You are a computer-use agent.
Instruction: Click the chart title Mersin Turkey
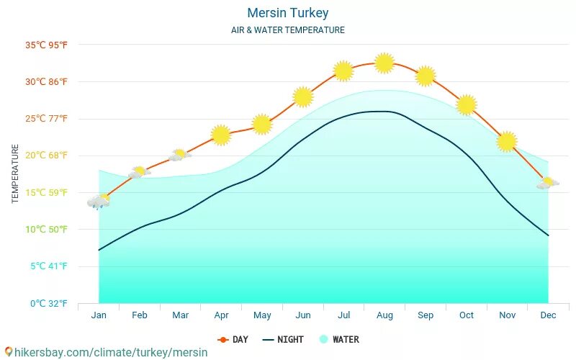click(x=287, y=13)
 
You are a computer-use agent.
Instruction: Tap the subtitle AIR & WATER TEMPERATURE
click(x=287, y=30)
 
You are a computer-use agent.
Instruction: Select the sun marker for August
click(x=384, y=63)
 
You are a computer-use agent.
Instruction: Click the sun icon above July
click(x=343, y=71)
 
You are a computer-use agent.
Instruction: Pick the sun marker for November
click(x=507, y=141)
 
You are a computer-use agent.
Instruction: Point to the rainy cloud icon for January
click(x=99, y=202)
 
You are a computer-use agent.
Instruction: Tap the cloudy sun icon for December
click(x=547, y=183)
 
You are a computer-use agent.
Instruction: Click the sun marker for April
click(x=221, y=135)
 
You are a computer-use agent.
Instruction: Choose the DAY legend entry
click(x=233, y=339)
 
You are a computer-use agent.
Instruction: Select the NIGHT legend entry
click(x=283, y=339)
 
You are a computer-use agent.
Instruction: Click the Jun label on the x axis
click(x=303, y=315)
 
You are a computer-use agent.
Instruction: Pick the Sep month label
click(x=426, y=315)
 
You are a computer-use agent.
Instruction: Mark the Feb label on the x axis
click(x=140, y=315)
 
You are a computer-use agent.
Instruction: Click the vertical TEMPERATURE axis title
click(x=15, y=174)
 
